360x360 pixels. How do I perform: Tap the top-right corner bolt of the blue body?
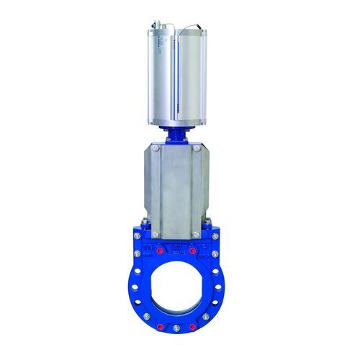click(x=214, y=235)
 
